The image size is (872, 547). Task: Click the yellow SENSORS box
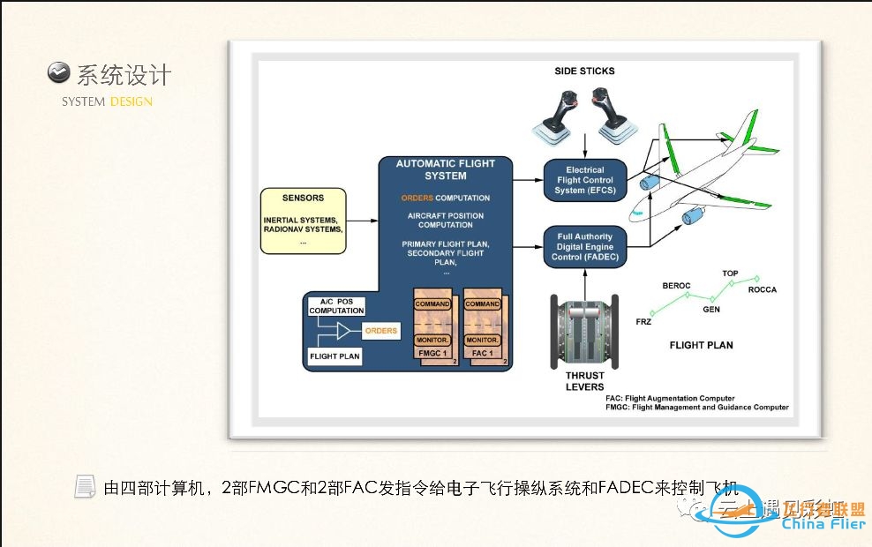point(303,220)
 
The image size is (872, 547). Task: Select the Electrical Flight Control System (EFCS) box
point(584,180)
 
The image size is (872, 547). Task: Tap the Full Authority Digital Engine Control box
point(584,246)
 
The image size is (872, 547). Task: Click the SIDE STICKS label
point(584,71)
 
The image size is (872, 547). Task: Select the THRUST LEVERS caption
point(584,381)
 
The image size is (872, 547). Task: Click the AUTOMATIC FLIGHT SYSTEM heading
point(445,169)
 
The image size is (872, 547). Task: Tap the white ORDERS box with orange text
point(380,331)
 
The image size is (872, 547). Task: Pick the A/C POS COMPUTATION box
point(336,306)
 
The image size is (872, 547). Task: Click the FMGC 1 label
point(432,352)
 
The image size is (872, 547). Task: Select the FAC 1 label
point(482,352)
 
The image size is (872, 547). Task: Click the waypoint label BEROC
point(676,287)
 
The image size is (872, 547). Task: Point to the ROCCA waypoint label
point(762,290)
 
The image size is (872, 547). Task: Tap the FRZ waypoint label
point(643,322)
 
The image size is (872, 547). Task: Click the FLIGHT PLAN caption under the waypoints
point(701,345)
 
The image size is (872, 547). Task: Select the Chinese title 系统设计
point(124,75)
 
